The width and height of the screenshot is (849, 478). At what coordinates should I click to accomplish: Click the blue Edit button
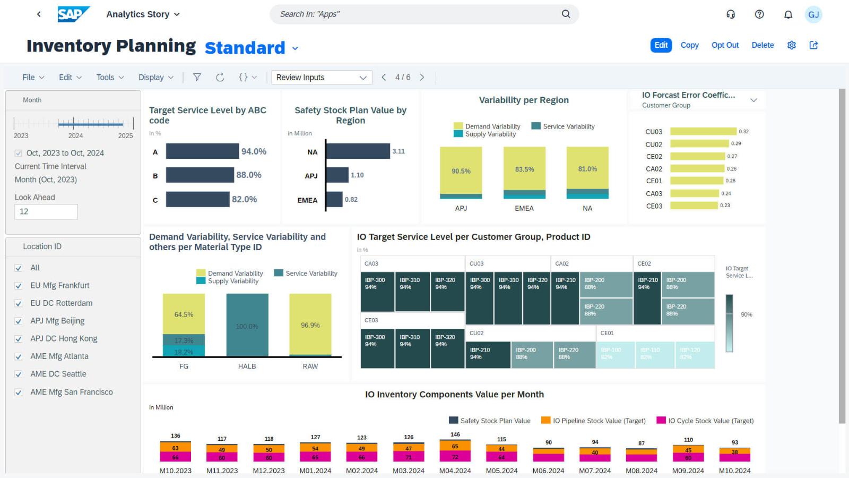(661, 45)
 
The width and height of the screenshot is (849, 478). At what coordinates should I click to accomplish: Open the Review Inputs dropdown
(321, 78)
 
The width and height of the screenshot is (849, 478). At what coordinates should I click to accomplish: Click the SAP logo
(73, 14)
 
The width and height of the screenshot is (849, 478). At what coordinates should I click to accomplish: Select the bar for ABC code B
(200, 175)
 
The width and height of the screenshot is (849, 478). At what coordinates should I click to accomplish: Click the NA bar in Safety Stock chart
(358, 151)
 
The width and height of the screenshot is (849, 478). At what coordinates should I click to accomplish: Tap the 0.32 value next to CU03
(743, 132)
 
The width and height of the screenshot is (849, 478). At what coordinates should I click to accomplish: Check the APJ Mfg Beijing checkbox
(19, 321)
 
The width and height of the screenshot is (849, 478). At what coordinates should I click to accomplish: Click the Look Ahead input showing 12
(46, 211)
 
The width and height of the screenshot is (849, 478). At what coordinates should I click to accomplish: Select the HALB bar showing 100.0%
(247, 325)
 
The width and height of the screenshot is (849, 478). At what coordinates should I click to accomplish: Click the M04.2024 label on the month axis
(455, 471)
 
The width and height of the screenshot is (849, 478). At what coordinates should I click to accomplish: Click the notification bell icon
(788, 14)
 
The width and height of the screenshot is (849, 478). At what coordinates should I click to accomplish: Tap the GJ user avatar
(813, 14)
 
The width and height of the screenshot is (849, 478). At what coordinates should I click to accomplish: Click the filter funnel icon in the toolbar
(197, 78)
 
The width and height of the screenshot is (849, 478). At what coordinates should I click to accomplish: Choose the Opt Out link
(725, 45)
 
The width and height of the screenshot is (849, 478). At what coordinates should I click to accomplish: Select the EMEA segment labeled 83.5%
(524, 169)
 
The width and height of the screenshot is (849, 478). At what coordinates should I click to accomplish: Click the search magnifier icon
(566, 14)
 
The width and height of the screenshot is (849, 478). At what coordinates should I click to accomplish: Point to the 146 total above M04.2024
(455, 434)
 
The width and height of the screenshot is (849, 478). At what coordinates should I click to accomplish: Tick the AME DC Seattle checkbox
(19, 374)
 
